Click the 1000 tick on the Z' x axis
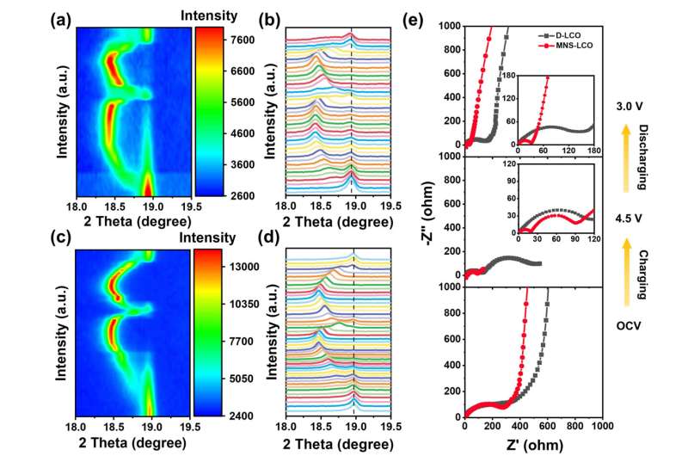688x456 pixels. pyautogui.click(x=601, y=426)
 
